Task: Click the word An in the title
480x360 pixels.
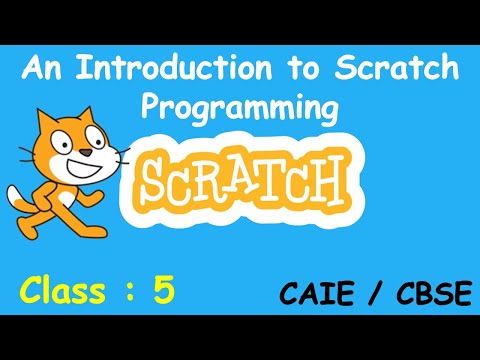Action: tap(53, 70)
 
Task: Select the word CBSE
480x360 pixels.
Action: tap(420, 295)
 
